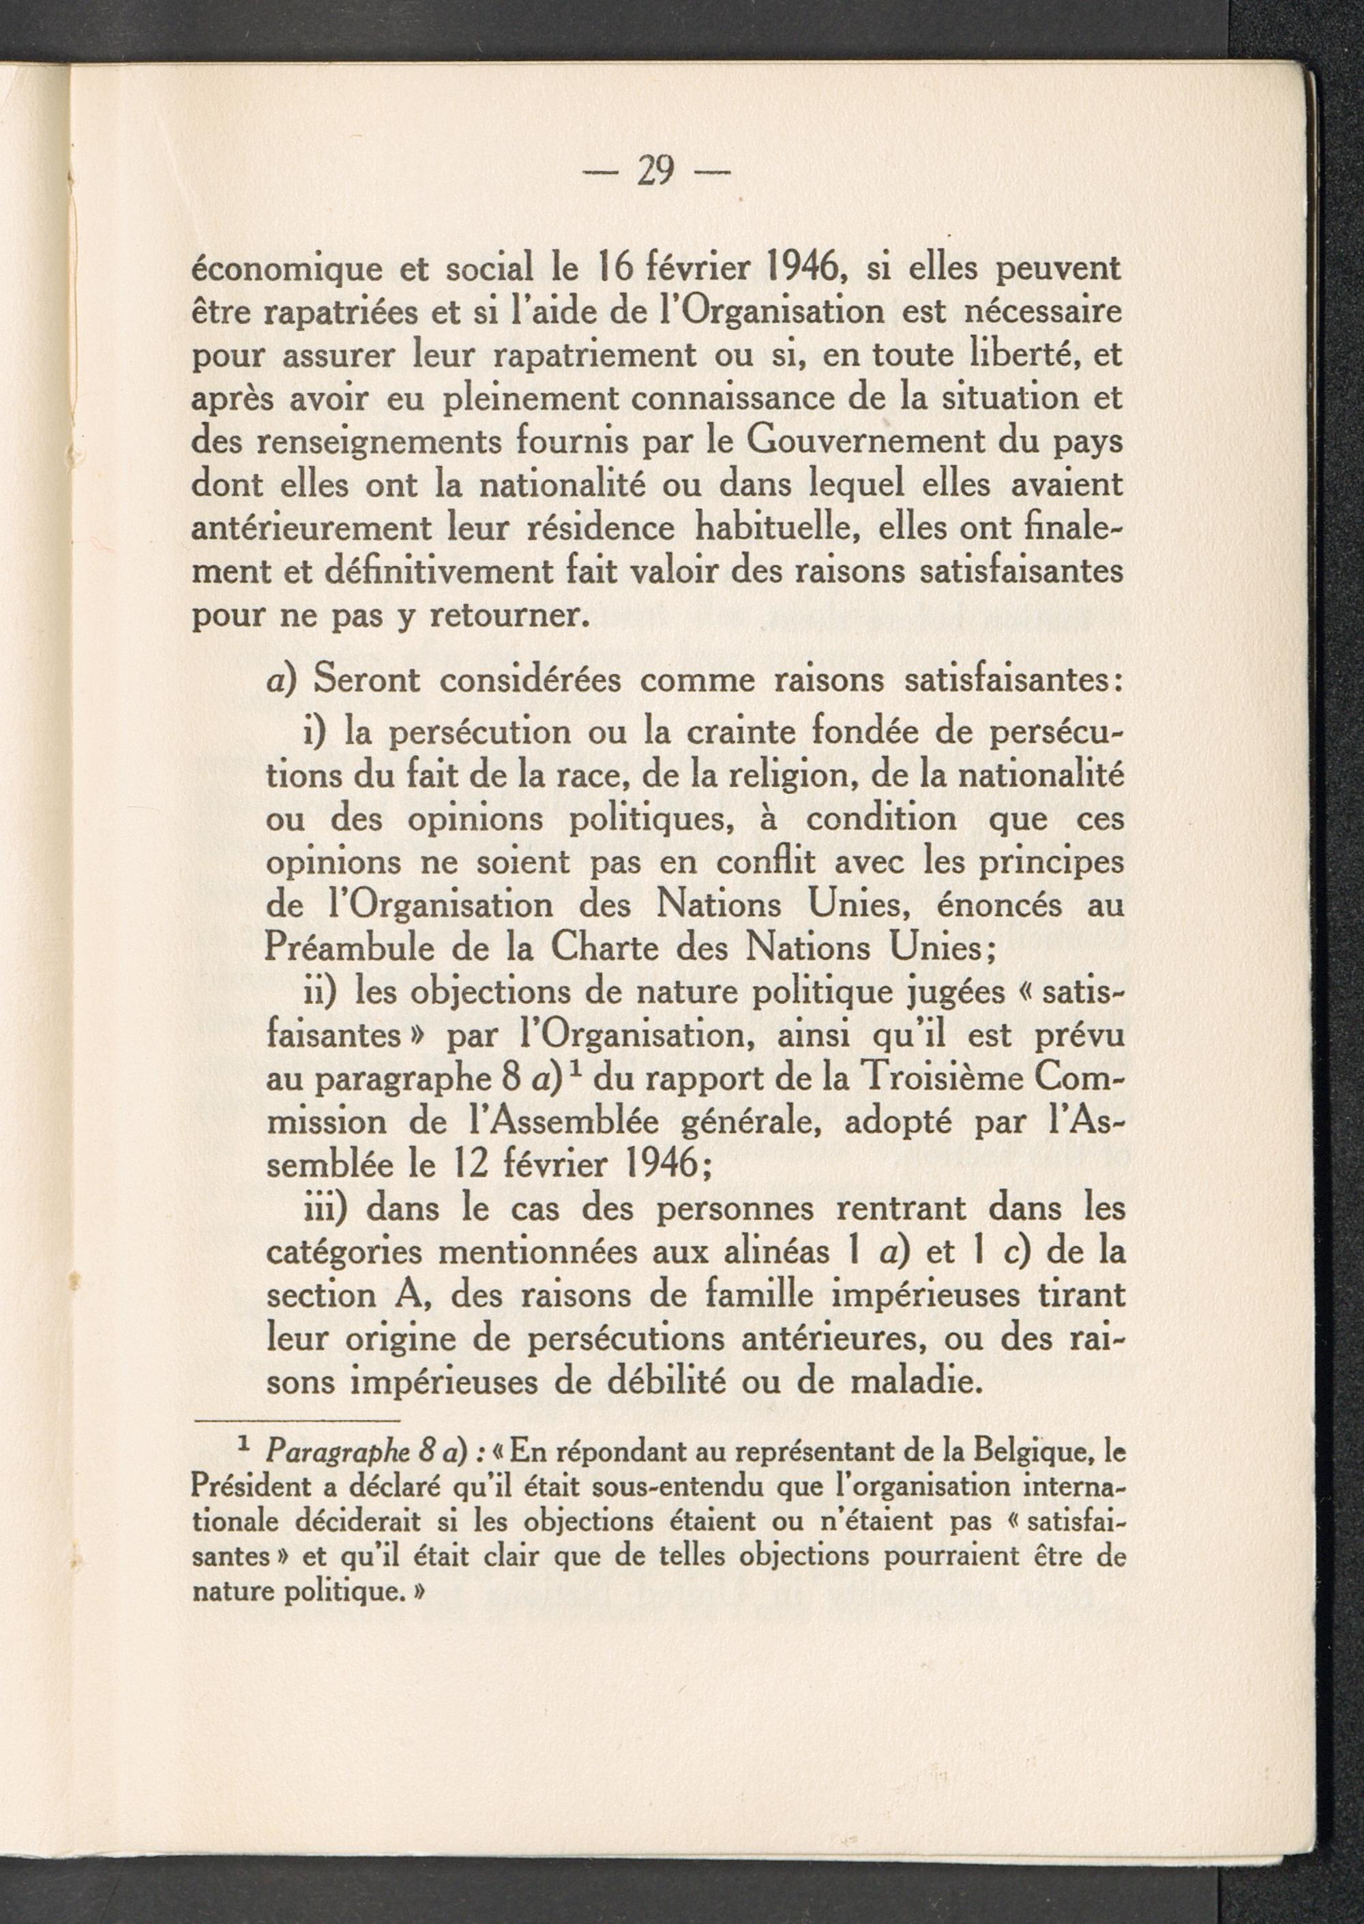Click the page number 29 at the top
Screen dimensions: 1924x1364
[x=656, y=171]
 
